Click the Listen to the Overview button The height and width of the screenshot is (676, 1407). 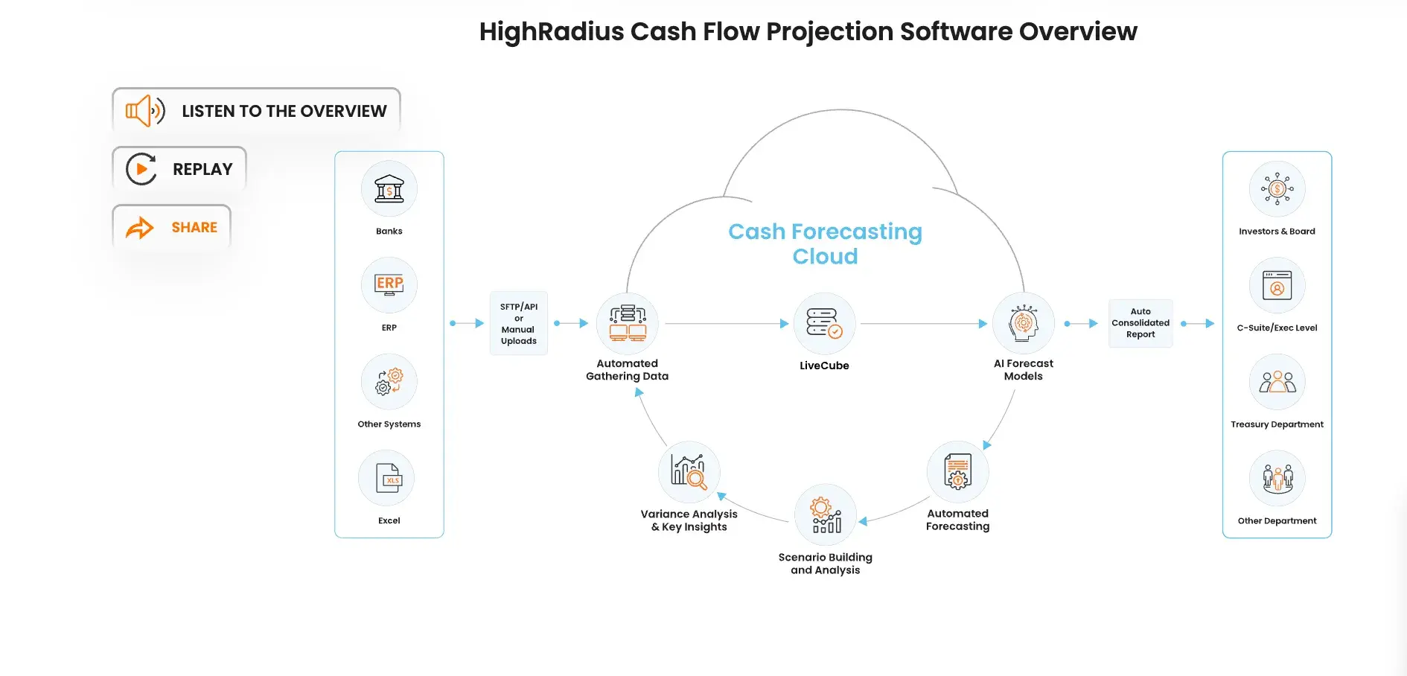tap(256, 111)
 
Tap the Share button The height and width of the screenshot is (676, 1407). tap(171, 227)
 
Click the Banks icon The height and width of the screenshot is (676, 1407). tap(389, 189)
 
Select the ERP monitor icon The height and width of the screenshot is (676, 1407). tap(389, 285)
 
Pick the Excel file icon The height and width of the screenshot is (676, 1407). tap(387, 479)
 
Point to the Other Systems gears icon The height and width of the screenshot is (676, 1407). tap(389, 382)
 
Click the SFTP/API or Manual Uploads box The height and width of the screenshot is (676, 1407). tap(519, 323)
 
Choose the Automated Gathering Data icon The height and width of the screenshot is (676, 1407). tap(628, 323)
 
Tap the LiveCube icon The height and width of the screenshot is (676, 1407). tap(824, 323)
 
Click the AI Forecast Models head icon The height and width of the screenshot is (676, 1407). tap(1024, 323)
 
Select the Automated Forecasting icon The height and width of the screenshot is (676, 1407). tap(958, 472)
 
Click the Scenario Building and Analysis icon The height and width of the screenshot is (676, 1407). tap(826, 515)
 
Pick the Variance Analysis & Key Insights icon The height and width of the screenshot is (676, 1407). tap(689, 472)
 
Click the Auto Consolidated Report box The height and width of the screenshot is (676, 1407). tap(1140, 323)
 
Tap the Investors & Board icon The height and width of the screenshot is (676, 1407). tap(1277, 189)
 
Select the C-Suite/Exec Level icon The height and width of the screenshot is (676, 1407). tap(1277, 285)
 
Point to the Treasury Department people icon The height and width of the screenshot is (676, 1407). tap(1277, 382)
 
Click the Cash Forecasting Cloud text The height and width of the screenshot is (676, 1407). tap(825, 243)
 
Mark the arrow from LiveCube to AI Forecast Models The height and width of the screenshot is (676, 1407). tap(923, 324)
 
